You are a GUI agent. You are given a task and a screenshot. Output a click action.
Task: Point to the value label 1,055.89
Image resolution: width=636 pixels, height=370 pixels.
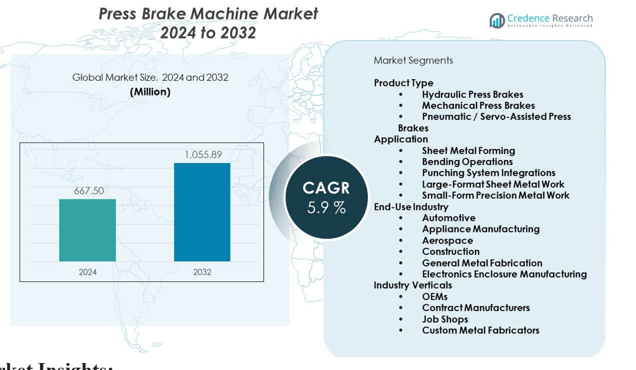coord(203,155)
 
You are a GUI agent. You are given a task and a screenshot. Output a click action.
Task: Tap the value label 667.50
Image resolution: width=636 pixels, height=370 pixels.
coord(88,191)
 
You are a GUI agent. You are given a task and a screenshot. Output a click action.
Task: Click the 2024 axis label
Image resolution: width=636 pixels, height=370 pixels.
coord(88,272)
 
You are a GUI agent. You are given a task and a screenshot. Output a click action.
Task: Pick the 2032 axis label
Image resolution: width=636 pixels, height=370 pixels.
coord(202,272)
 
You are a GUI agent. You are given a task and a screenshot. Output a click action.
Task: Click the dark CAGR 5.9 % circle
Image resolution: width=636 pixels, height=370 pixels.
coord(326,197)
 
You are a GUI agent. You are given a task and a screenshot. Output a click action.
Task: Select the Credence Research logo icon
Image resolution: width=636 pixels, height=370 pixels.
coord(497,21)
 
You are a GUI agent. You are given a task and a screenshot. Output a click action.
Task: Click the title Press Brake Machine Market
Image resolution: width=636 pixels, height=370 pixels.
coord(208,13)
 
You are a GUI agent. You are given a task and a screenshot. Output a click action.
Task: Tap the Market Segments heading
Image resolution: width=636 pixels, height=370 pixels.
coord(413,61)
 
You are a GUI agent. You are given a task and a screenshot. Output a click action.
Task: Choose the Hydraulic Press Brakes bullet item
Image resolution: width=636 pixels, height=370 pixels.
coord(472,94)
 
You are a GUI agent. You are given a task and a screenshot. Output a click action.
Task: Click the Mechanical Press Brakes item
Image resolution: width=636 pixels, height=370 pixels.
coord(478,105)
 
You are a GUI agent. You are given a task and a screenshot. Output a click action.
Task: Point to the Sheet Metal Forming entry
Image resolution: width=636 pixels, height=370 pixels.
coord(468,151)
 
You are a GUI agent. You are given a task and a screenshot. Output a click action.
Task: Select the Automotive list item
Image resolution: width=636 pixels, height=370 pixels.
coord(449,218)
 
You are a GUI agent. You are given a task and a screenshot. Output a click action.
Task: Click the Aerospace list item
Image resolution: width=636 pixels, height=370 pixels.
coord(447,240)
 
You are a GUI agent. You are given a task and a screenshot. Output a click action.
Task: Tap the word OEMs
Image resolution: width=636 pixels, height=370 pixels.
coord(435,297)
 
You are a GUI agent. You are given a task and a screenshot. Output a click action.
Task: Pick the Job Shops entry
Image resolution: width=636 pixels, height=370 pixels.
coord(445,319)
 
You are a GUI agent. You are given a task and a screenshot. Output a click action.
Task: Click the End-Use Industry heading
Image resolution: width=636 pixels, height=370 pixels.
coord(411,207)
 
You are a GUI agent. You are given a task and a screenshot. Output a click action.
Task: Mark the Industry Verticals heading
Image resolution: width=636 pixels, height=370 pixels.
coord(413,285)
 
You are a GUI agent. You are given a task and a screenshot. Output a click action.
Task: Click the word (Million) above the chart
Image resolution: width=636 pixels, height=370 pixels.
coord(150,91)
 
